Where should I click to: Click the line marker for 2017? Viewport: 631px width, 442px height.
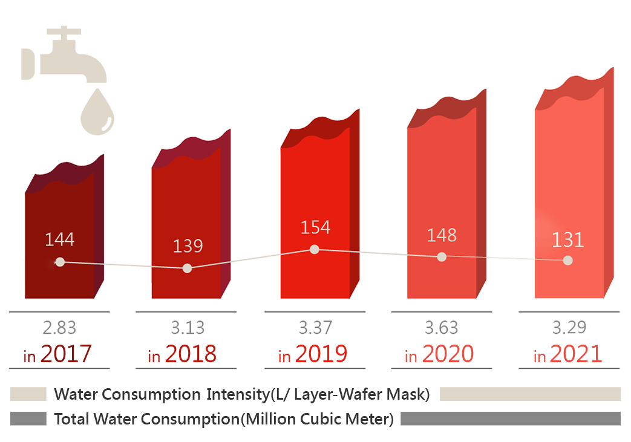59,262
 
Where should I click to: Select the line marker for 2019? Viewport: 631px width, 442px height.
315,249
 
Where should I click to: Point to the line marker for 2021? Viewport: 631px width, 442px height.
567,260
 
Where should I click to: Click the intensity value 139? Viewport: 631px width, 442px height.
187,246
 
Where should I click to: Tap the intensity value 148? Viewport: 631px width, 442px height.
441,235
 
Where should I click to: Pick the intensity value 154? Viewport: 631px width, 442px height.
315,227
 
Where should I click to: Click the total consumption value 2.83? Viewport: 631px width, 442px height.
59,328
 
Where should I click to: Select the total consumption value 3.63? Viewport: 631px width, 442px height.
441,328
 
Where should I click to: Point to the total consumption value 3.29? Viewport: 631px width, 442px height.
568,328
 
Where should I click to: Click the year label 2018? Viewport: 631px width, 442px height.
190,354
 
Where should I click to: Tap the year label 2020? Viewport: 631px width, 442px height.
447,354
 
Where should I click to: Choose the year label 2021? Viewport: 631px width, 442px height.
575,354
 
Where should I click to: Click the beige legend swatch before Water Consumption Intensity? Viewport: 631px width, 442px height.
28,394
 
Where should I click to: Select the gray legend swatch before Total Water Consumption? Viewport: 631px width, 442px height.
28,418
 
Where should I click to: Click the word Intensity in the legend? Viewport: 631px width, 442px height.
237,394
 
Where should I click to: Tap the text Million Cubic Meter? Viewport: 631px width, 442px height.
317,418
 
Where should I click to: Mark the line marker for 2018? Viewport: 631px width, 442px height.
187,268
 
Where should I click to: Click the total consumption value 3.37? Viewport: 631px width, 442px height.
315,328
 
